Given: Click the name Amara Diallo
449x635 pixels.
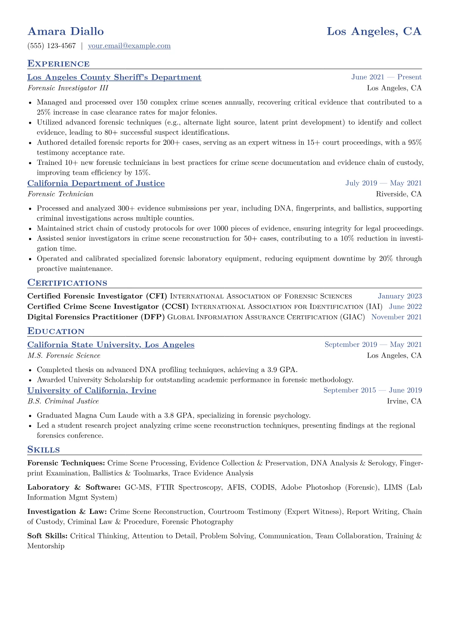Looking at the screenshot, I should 66,31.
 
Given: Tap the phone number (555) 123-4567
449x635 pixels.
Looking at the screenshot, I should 52,46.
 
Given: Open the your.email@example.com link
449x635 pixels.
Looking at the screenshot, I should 129,46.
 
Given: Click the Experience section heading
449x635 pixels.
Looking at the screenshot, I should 58,64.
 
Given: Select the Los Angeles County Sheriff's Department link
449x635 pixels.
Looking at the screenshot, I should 114,77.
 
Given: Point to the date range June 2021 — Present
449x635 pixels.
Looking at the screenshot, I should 386,77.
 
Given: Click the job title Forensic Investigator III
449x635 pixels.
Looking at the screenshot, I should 68,88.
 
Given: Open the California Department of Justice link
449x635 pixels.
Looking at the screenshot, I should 96,183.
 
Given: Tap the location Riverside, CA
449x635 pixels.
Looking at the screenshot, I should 399,194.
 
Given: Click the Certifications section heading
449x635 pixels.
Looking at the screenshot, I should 67,283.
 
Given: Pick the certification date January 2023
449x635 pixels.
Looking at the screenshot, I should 400,297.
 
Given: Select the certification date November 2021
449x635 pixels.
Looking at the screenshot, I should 397,317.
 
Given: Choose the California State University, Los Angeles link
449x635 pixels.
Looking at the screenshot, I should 111,345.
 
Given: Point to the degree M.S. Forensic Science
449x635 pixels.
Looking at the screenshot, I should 64,355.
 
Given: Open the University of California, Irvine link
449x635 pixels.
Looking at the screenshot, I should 92,391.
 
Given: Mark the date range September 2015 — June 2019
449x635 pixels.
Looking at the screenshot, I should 372,391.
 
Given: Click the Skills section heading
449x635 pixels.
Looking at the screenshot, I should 43,450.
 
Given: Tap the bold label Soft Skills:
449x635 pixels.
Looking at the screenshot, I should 48,536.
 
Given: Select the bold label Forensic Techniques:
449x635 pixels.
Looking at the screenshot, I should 66,463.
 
